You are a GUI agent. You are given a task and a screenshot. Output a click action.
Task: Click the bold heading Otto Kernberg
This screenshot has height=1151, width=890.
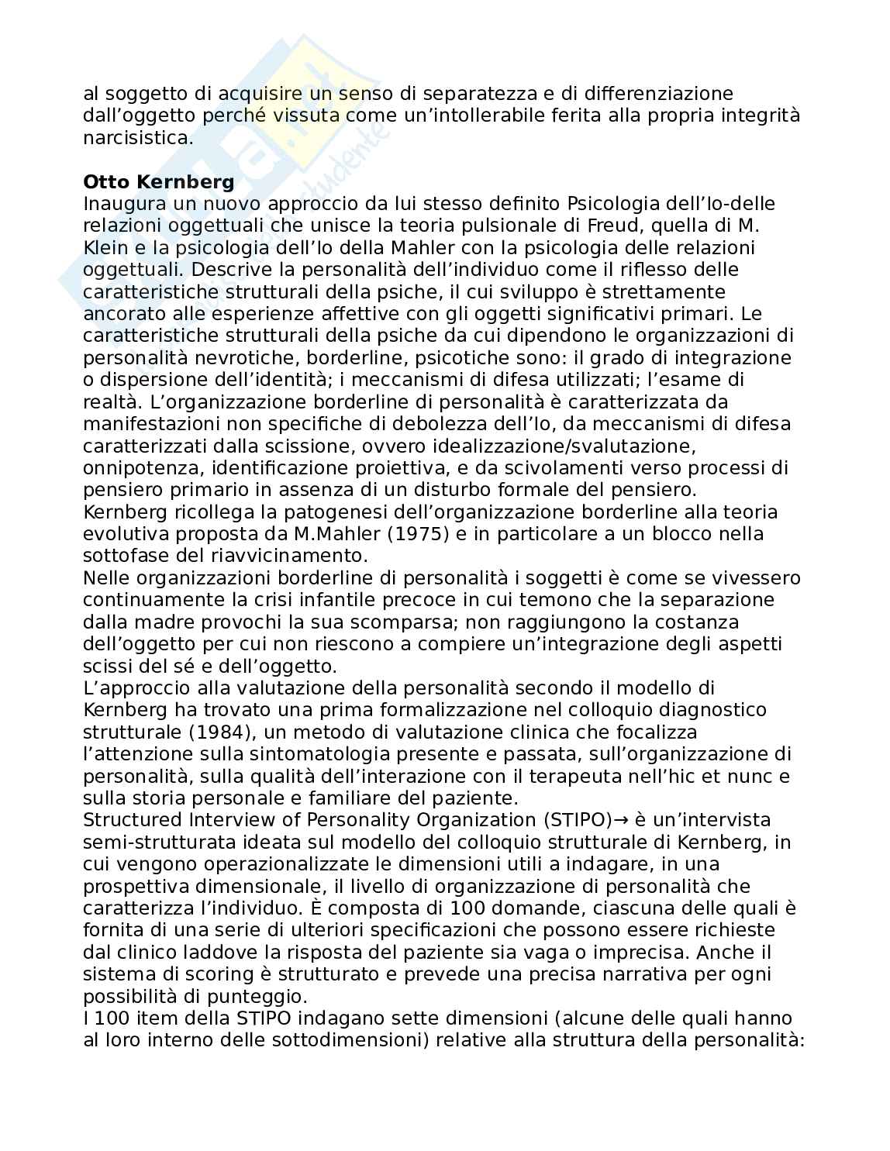[x=158, y=182]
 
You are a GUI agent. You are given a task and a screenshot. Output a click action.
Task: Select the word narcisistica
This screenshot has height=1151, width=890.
[x=138, y=138]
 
